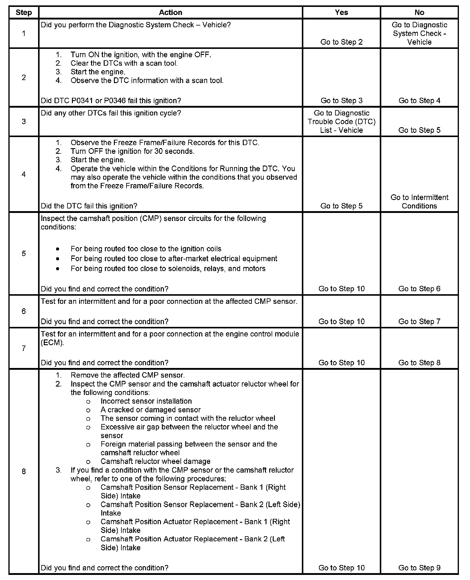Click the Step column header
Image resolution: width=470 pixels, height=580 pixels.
[x=24, y=13]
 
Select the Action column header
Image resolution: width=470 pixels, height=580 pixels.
[x=170, y=13]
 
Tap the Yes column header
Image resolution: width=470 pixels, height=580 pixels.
[x=341, y=13]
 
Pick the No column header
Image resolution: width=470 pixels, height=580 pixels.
[x=419, y=13]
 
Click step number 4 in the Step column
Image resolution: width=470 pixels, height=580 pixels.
[x=24, y=174]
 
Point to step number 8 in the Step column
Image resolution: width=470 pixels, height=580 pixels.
[x=24, y=471]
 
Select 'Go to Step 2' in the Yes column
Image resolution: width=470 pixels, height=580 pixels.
[x=341, y=42]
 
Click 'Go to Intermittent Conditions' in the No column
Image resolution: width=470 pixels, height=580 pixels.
[x=419, y=202]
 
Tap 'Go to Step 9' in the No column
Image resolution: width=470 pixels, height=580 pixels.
[x=419, y=568]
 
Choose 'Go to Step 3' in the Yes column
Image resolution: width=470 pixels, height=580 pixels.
[x=341, y=100]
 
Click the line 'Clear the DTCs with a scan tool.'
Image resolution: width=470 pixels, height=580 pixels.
[x=124, y=63]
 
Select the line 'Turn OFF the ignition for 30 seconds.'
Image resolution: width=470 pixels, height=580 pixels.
[x=132, y=151]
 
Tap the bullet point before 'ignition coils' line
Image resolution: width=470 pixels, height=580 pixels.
[x=58, y=249]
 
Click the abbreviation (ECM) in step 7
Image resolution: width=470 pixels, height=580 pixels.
[x=52, y=342]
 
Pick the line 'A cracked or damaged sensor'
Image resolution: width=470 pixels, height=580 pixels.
[x=150, y=410]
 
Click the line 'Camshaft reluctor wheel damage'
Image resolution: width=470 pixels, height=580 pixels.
[x=155, y=461]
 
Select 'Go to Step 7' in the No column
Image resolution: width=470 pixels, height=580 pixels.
[x=419, y=321]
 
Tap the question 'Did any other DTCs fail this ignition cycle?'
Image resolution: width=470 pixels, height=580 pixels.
[x=111, y=113]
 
